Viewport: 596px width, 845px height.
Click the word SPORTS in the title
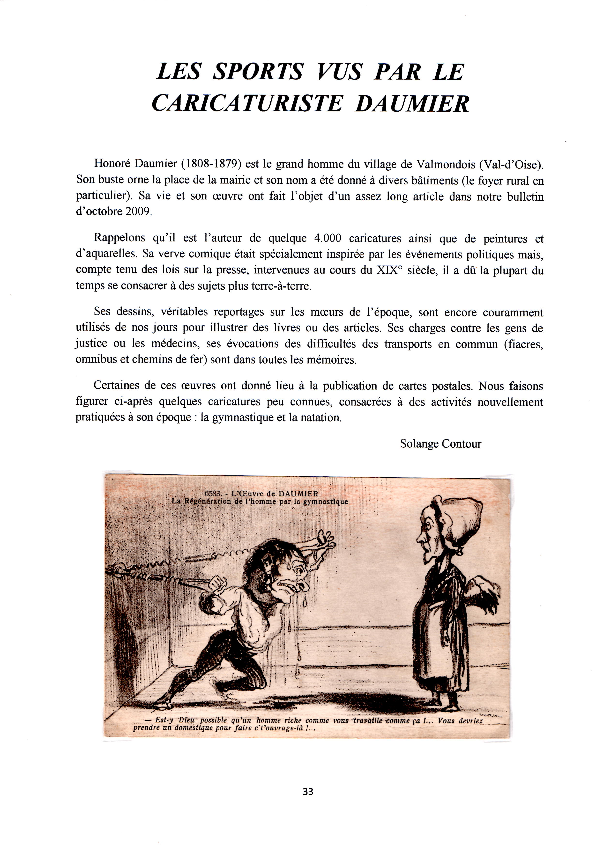(257, 72)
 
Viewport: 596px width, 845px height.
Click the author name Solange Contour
(440, 444)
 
